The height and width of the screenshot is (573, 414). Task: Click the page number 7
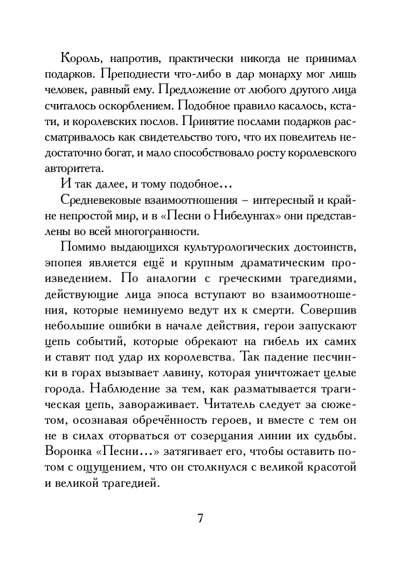[x=201, y=519]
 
